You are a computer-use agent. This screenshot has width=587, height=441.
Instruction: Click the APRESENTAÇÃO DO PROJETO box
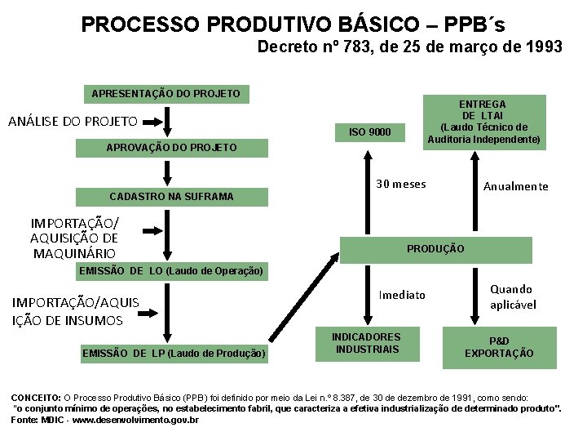click(x=166, y=94)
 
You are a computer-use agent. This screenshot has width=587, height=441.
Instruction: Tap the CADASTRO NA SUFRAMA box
click(x=171, y=196)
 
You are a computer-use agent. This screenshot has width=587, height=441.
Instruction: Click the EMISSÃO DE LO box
click(x=171, y=270)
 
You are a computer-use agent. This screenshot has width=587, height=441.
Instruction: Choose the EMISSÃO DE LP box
click(x=174, y=353)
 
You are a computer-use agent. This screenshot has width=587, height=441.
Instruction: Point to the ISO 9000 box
click(x=370, y=132)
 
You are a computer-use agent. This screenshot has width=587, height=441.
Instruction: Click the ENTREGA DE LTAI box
click(x=483, y=122)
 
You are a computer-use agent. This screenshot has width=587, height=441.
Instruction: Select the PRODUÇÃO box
click(x=435, y=248)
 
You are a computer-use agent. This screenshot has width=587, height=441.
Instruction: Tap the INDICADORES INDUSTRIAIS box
click(x=366, y=343)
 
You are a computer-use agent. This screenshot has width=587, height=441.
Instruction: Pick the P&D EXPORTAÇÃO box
click(x=499, y=347)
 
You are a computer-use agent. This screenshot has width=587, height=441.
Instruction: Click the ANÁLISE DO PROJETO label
click(x=73, y=122)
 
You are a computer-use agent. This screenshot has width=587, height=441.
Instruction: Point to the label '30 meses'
click(x=400, y=184)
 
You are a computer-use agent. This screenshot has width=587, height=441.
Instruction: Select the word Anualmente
click(x=515, y=187)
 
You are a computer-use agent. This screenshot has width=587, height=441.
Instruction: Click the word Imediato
click(x=402, y=295)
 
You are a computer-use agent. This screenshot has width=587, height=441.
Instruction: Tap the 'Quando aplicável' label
click(x=512, y=296)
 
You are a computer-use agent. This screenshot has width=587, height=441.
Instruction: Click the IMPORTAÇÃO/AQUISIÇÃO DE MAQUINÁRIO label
click(x=74, y=238)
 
